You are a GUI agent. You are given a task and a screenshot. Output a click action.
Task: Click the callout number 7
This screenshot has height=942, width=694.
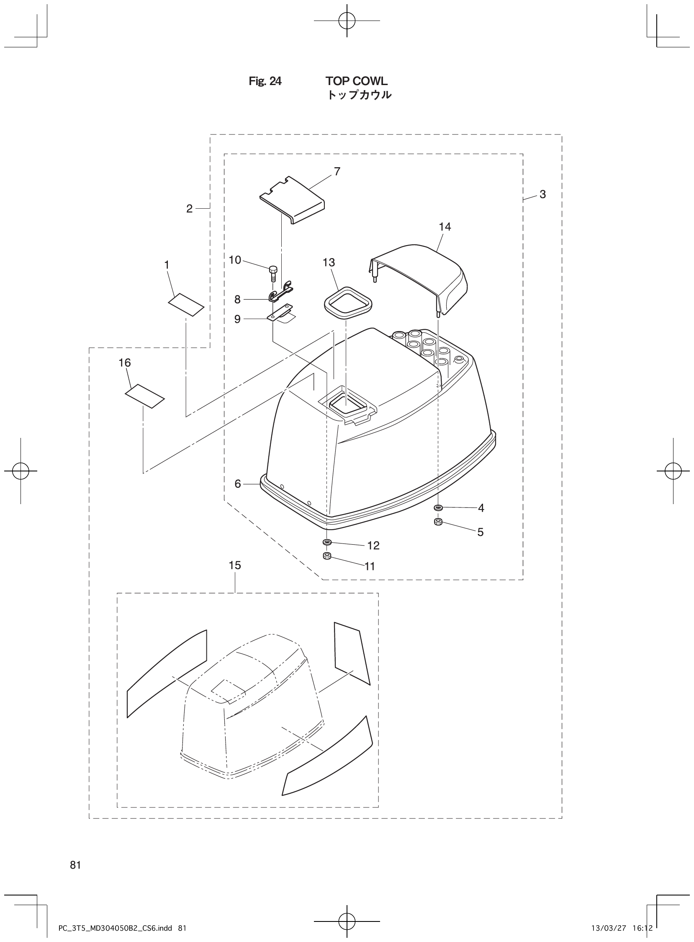coord(337,171)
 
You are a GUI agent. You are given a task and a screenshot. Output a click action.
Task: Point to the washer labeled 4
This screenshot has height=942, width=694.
coord(438,507)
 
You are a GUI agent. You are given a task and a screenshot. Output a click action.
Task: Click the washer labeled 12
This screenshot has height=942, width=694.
coord(327,542)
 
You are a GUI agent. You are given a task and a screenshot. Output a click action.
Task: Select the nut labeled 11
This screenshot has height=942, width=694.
coord(327,556)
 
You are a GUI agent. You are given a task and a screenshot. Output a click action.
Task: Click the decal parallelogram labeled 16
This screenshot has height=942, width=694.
coord(145,395)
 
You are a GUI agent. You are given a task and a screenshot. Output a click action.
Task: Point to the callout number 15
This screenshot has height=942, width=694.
coord(235,566)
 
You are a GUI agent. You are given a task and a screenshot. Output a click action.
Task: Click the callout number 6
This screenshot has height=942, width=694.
coord(238,484)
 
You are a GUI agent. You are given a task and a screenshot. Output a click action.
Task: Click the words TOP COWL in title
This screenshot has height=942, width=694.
coord(356,81)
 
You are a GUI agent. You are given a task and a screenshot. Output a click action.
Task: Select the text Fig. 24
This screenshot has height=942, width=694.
coord(265,81)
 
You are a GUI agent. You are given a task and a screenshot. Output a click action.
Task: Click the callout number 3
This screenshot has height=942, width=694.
coord(542,194)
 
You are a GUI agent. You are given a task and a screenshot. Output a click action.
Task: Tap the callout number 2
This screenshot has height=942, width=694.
coord(190,209)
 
